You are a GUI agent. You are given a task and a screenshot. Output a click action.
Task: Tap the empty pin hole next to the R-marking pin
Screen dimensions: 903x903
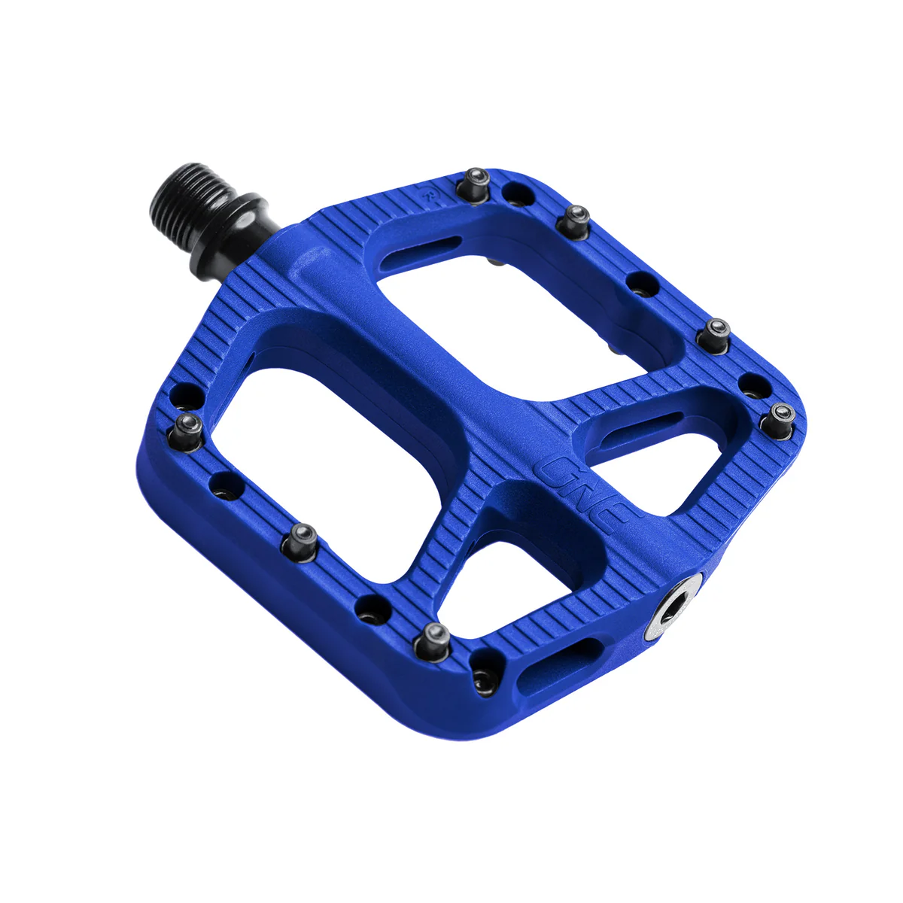[515, 193]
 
